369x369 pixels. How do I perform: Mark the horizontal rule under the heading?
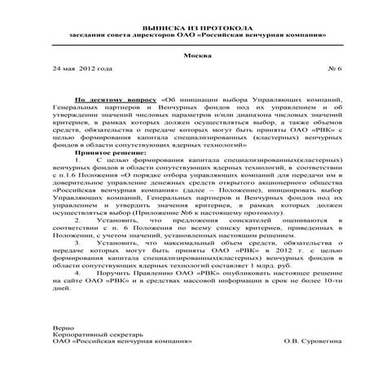184,43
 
